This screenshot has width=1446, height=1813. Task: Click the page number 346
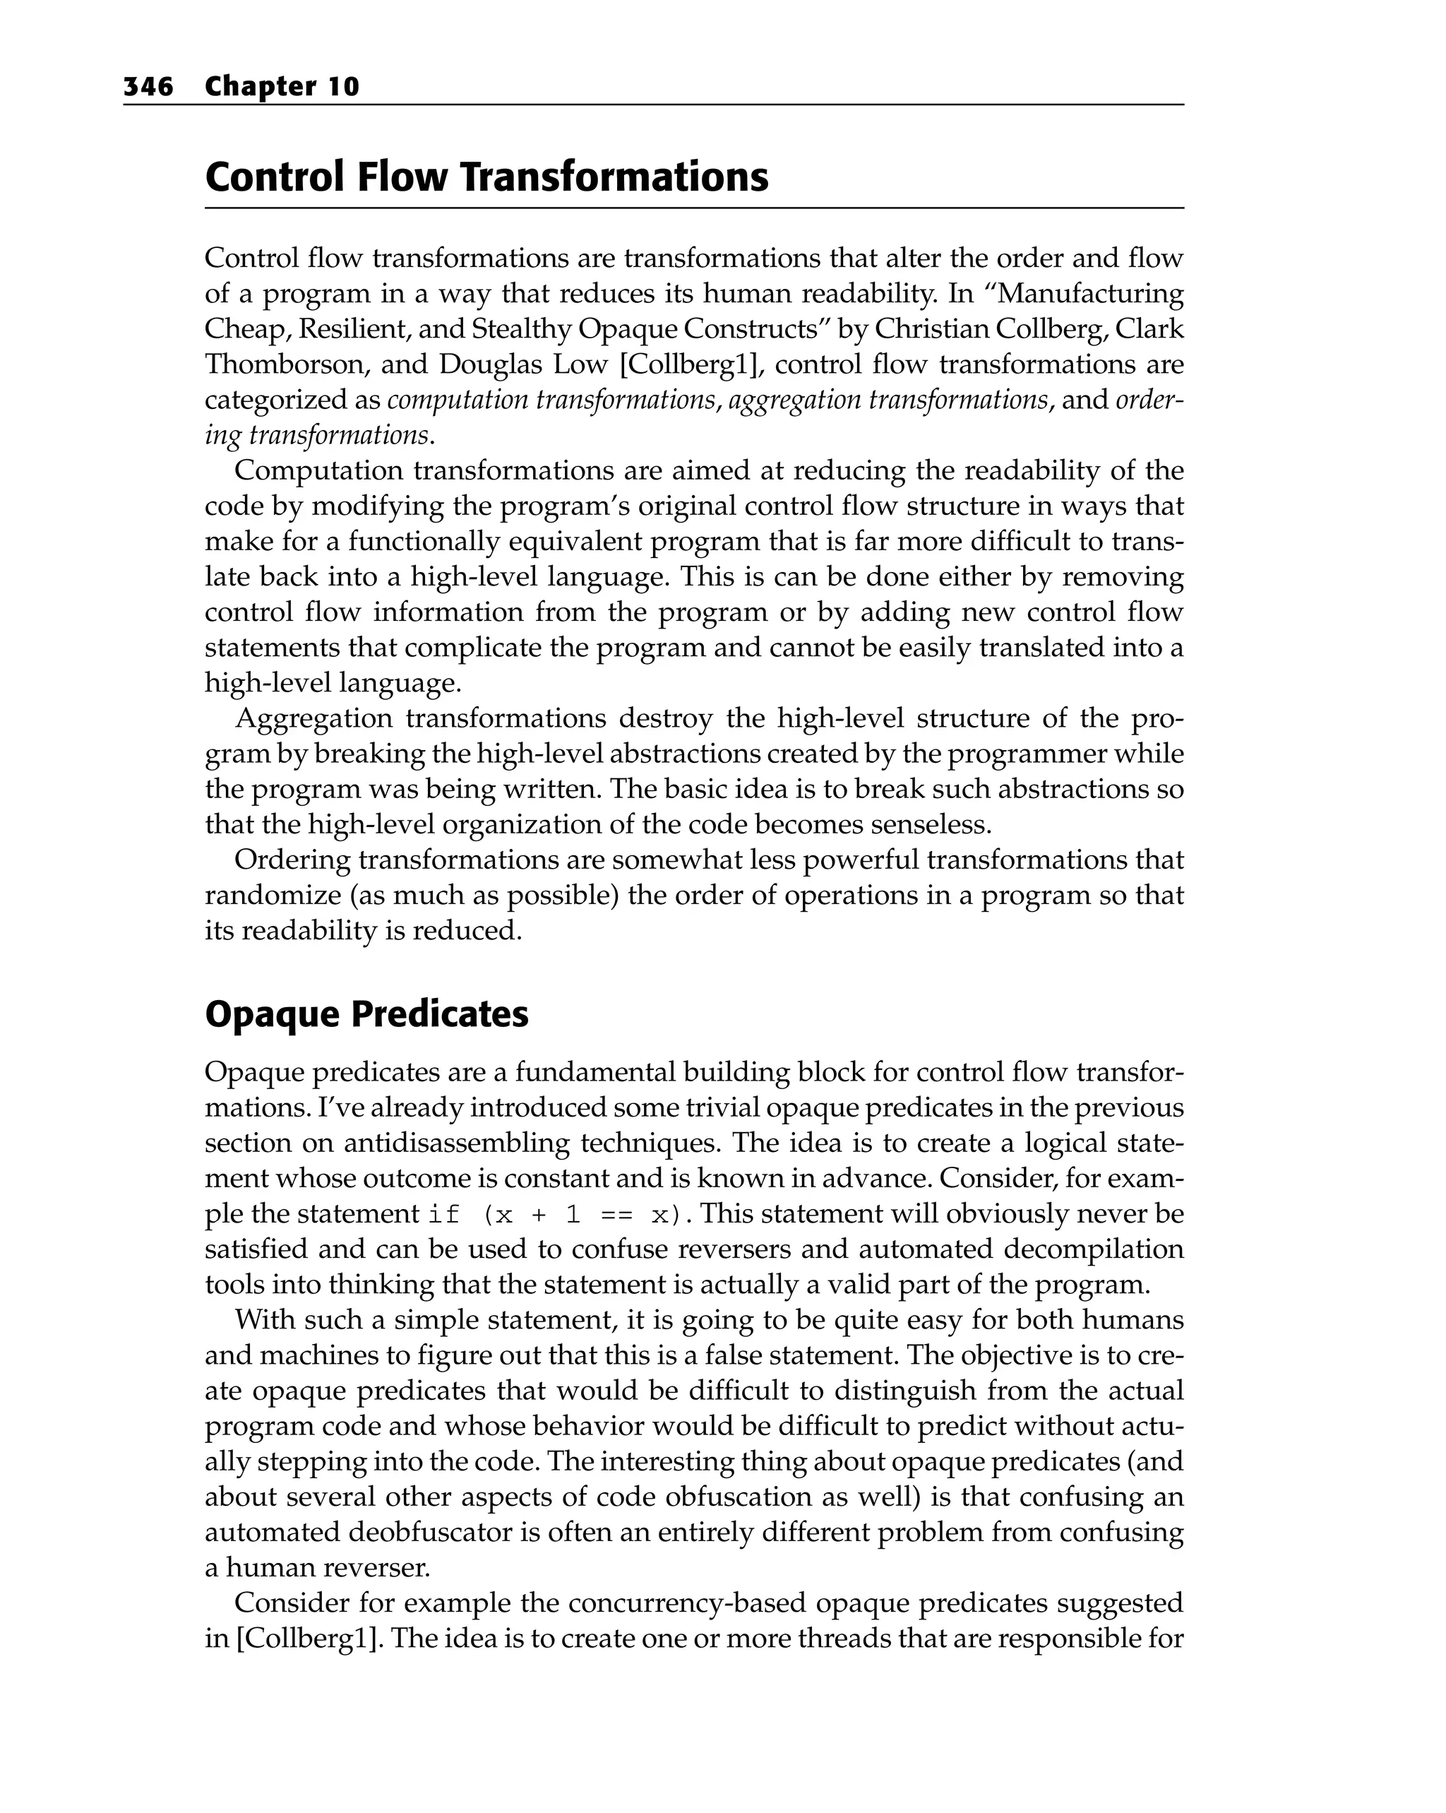click(148, 87)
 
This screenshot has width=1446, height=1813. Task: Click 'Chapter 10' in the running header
click(282, 87)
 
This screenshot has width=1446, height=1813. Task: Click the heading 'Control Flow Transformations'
click(486, 177)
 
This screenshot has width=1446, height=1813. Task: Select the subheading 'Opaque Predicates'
click(366, 1014)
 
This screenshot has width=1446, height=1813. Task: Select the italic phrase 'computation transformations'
click(551, 400)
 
